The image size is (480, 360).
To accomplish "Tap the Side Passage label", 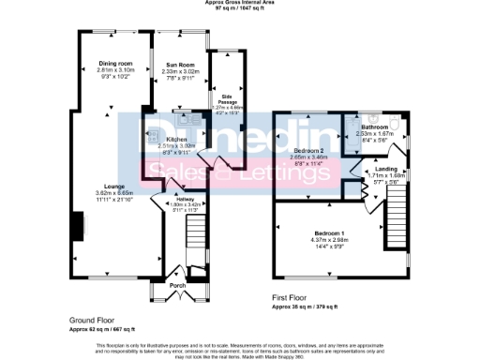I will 225,97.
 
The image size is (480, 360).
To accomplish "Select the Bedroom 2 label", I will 307,150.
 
